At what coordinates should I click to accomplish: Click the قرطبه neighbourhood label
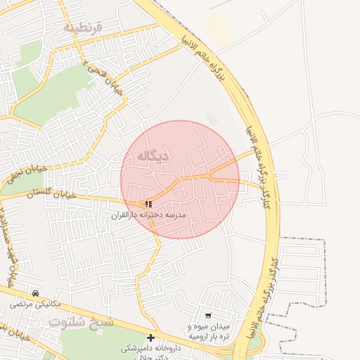coord(83,27)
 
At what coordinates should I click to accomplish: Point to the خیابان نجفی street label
coord(27,173)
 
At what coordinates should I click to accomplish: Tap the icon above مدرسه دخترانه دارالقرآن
coord(148,204)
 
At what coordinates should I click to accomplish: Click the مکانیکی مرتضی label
coord(36,304)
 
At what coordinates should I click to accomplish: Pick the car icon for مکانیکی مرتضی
coord(35,293)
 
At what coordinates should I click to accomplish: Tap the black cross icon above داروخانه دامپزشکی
coord(150,337)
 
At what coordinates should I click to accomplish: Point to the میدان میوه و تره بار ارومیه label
coord(209,332)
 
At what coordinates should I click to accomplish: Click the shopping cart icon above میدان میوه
coord(208,316)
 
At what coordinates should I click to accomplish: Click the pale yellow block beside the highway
coord(219,31)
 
